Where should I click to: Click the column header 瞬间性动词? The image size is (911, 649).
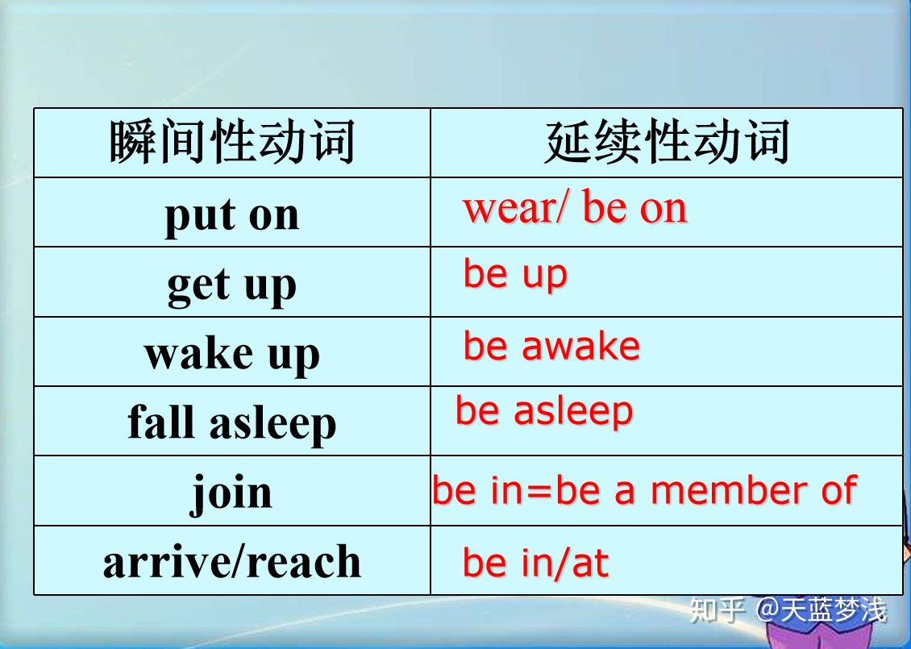(x=232, y=142)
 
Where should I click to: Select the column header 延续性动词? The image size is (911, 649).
(x=667, y=142)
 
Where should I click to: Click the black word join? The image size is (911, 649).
(x=232, y=493)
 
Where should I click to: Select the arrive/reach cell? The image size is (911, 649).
(x=232, y=561)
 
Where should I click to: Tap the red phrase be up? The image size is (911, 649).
(x=515, y=275)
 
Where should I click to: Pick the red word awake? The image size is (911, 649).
(x=581, y=347)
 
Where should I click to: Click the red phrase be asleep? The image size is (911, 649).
(x=544, y=411)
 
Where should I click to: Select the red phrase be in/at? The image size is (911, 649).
(x=535, y=563)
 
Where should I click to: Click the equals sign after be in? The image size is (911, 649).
(x=539, y=492)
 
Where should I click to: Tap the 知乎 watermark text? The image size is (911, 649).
(x=717, y=610)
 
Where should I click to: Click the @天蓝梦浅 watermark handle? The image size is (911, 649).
(x=821, y=610)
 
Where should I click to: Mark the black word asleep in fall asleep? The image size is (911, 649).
(x=272, y=423)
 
